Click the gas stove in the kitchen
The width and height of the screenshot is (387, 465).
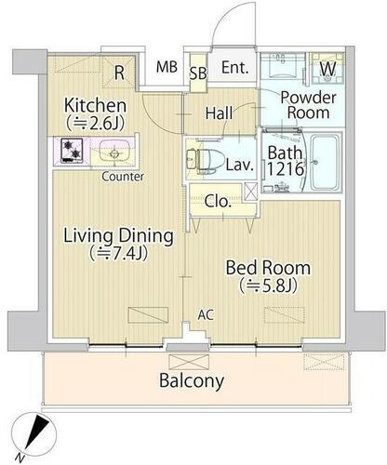[x=73, y=150]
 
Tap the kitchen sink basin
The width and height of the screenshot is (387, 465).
[x=113, y=152]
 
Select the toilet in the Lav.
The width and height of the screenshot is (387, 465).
[x=206, y=160]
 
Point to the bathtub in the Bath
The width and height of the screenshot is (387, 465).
[x=325, y=162]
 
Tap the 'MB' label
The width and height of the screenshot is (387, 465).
[x=167, y=67]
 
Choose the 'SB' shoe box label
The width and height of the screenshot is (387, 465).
[x=198, y=73]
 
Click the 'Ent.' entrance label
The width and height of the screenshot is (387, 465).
[x=235, y=68]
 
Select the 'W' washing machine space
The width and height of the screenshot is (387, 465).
[x=327, y=69]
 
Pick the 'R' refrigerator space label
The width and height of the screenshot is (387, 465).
[x=119, y=73]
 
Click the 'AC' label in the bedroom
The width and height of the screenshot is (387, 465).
[x=206, y=315]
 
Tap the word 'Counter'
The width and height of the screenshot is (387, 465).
[x=123, y=177]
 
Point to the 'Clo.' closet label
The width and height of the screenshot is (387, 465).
[x=218, y=202]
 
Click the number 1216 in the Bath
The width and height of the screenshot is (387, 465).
[x=286, y=169]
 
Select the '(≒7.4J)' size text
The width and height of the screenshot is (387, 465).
[x=118, y=254]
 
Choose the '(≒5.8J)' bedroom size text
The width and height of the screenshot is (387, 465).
[x=269, y=286]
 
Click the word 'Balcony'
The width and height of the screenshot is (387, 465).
[x=192, y=380]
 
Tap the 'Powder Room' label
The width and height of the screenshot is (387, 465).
[x=308, y=105]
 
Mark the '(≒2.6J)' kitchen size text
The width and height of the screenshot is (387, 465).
[x=95, y=124]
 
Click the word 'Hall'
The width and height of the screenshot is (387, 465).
[x=219, y=113]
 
